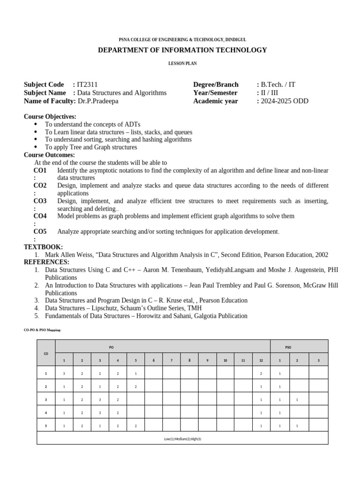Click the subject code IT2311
click(87, 84)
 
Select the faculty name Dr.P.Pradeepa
click(98, 101)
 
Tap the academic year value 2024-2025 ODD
click(285, 101)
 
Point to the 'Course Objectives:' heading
click(50, 116)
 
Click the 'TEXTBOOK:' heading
click(43, 247)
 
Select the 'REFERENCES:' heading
click(46, 262)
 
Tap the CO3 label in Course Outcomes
click(40, 201)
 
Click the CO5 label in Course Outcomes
click(40, 232)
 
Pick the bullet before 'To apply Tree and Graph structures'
click(36, 147)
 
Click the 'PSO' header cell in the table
click(288, 347)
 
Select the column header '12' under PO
click(261, 360)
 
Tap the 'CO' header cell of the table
click(46, 353)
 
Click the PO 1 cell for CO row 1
click(64, 374)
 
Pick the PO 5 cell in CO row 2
click(135, 387)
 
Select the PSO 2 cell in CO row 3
click(297, 400)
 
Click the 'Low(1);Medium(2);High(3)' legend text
click(182, 439)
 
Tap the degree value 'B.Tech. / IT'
click(278, 84)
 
